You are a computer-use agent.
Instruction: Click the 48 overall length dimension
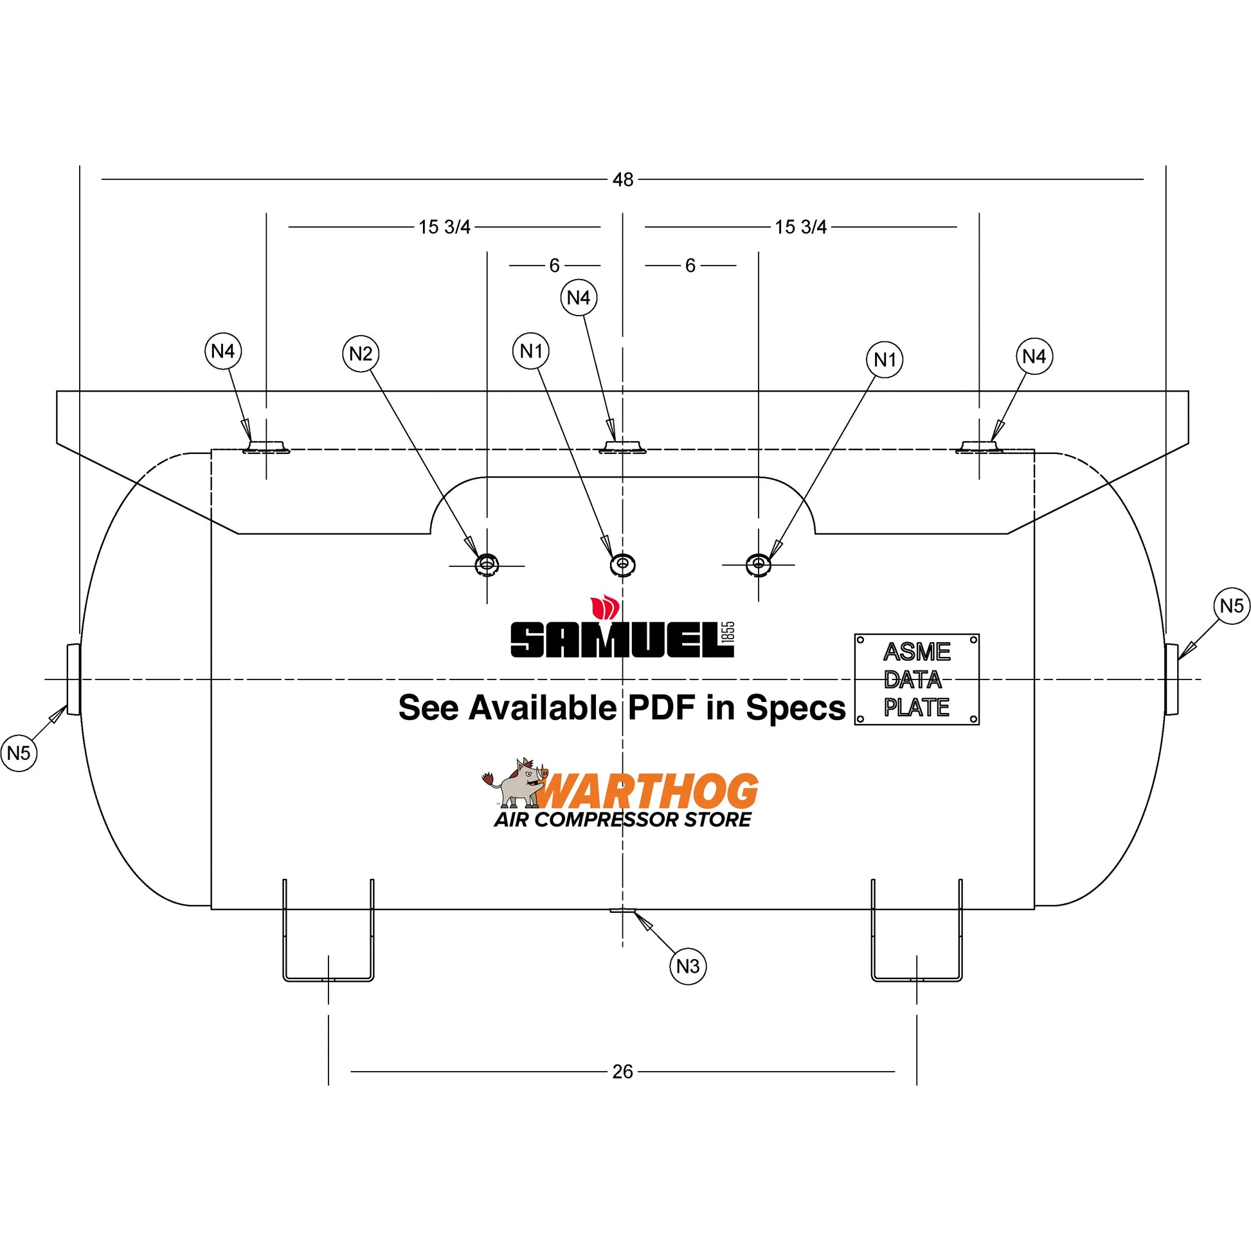point(622,179)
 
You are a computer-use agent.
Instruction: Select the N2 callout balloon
point(361,354)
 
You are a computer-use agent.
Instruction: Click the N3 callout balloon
point(687,966)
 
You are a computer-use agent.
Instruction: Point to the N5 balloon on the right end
point(1231,606)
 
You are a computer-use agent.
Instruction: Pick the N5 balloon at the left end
point(19,753)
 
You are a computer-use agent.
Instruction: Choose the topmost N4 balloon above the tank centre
point(578,297)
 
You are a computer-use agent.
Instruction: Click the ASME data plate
point(916,679)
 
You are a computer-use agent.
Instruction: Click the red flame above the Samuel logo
point(605,607)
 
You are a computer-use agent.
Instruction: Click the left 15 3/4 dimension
point(444,228)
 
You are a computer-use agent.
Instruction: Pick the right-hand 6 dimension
point(690,265)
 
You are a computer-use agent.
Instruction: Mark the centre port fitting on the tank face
point(622,564)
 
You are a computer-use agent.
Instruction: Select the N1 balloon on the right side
point(885,359)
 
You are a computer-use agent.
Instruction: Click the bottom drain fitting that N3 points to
point(622,910)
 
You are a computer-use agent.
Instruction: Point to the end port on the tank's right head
point(1171,679)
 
